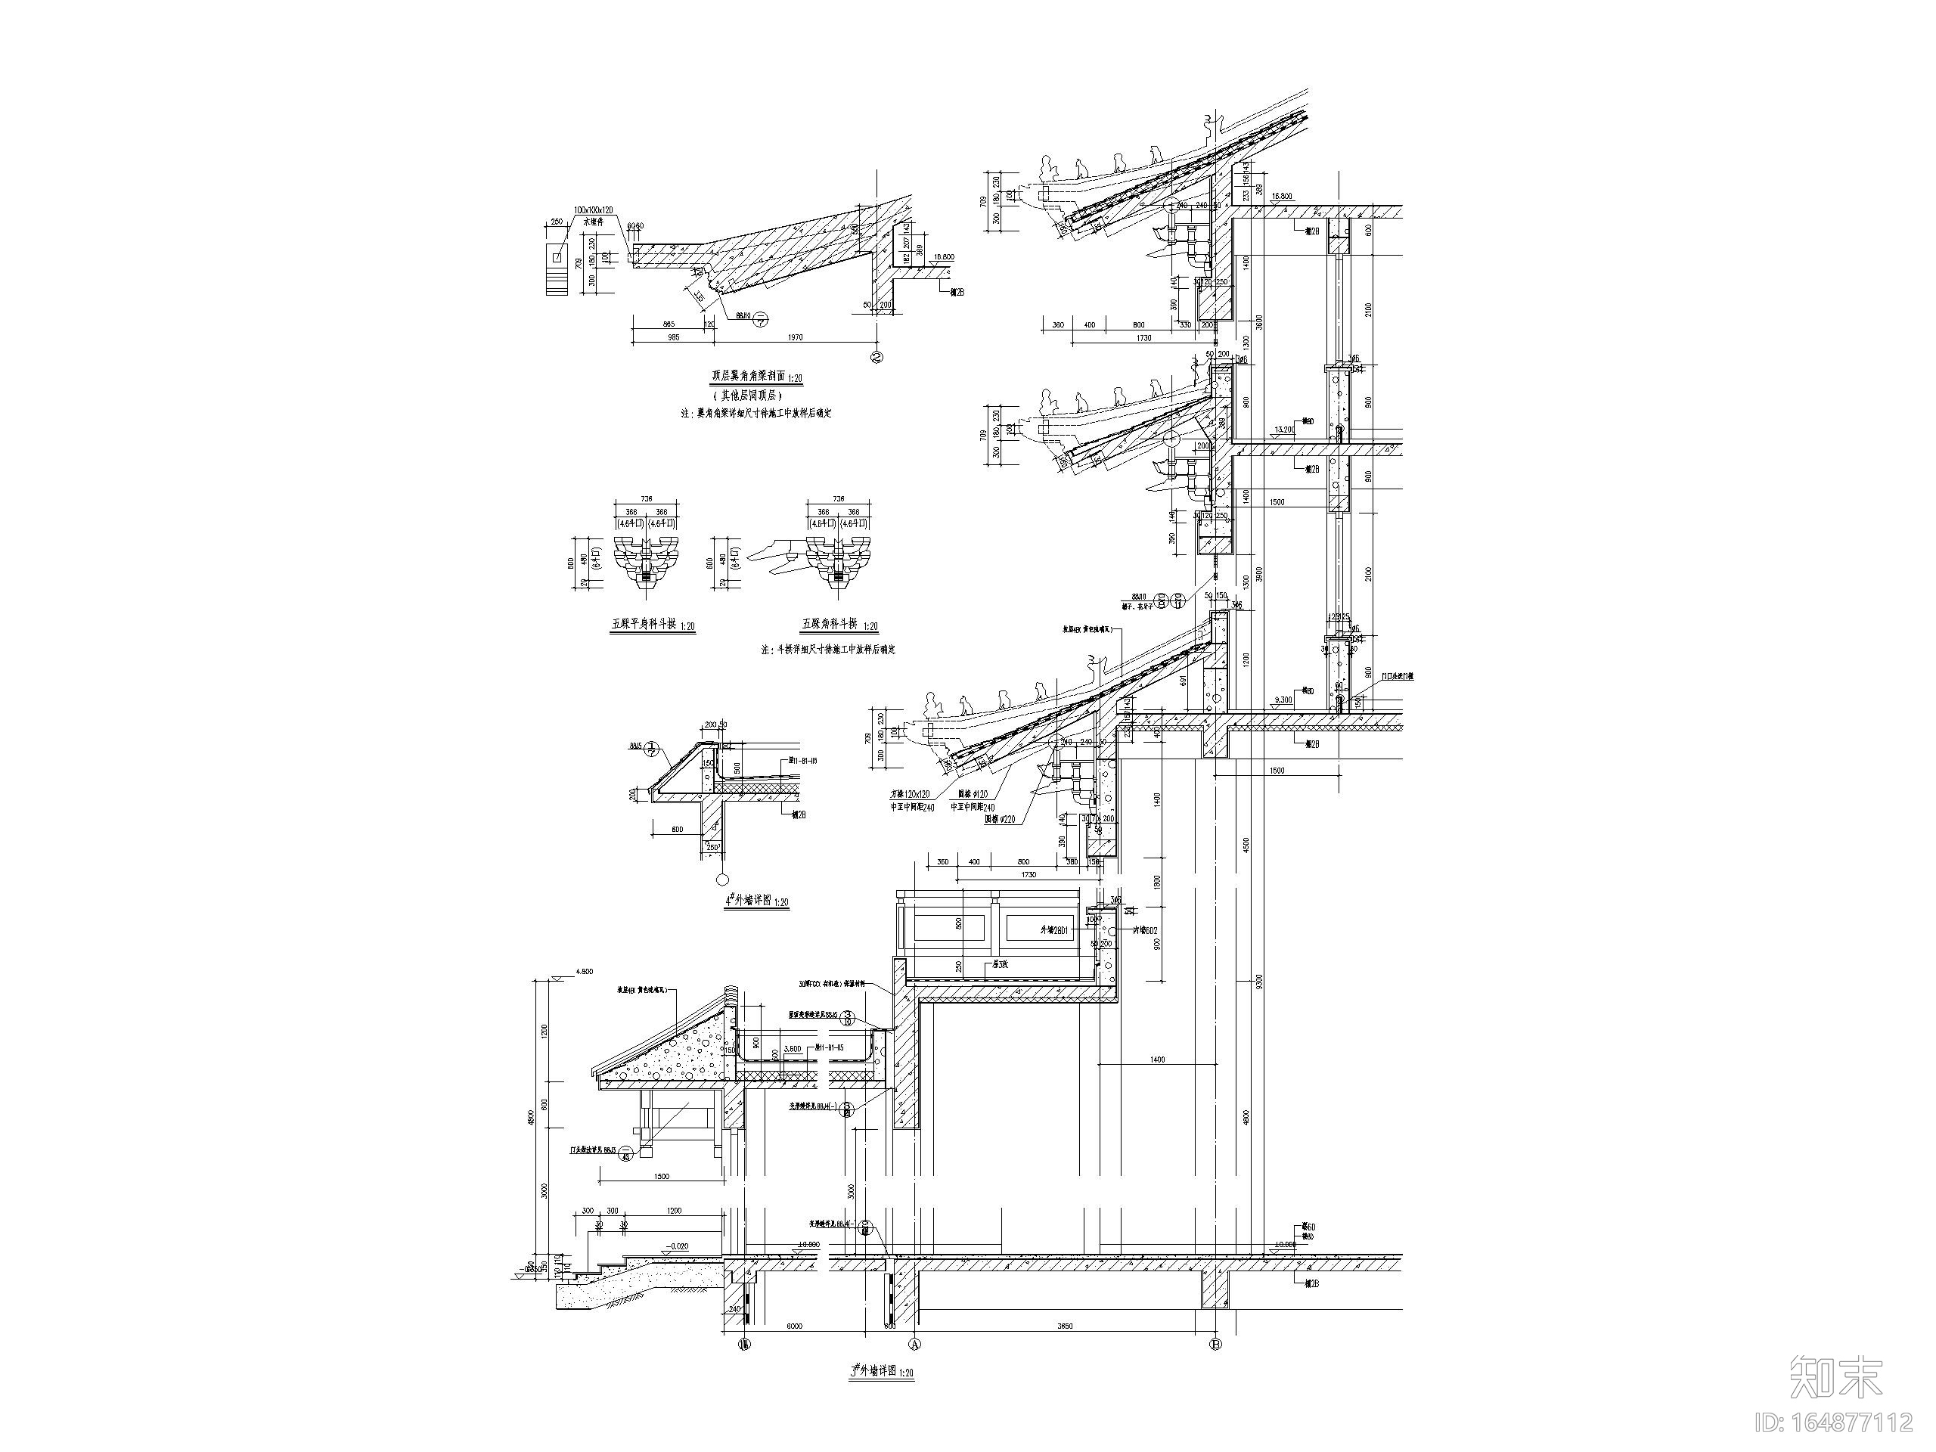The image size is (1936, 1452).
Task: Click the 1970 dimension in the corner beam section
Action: point(796,337)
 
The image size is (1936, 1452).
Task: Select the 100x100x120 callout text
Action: point(594,211)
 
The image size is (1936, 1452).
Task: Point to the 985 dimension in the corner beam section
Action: point(673,337)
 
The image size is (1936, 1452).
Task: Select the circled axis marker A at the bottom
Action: point(917,1343)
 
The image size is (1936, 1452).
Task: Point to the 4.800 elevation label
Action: point(584,970)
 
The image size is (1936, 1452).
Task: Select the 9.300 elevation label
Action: point(1284,700)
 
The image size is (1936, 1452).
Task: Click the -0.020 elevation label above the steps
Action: point(675,1246)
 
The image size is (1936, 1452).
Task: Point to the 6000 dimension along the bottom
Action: point(794,1326)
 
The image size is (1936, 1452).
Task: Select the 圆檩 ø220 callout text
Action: point(1000,820)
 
